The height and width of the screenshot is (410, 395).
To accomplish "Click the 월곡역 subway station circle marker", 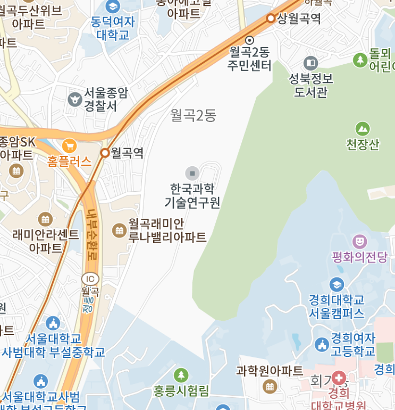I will click(105, 153).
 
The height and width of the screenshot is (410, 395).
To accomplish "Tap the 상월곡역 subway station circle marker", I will click(271, 19).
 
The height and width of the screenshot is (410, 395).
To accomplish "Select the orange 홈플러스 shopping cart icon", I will click(69, 146).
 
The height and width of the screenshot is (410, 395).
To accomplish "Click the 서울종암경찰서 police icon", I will click(75, 99).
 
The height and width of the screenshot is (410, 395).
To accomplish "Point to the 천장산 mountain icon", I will click(363, 129).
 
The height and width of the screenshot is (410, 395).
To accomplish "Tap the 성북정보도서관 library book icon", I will click(310, 63).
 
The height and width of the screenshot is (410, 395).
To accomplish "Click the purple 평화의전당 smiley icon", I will click(359, 242).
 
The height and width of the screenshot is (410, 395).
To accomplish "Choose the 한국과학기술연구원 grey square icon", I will click(192, 173).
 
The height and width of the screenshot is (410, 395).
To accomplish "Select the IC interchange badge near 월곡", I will click(90, 279).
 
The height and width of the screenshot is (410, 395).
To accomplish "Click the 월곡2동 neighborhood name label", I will click(194, 115).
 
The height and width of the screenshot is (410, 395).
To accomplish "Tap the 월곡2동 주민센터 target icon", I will click(249, 40).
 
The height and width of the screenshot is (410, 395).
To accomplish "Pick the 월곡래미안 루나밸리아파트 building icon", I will click(119, 230).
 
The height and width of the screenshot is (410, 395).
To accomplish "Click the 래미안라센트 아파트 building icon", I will click(45, 219).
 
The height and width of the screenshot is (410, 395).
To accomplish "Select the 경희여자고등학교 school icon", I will click(321, 345).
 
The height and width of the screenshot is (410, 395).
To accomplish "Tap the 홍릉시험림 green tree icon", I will click(181, 375).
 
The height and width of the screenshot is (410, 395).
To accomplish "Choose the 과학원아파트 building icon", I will click(270, 386).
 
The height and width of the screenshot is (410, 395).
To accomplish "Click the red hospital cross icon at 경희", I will click(339, 379).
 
